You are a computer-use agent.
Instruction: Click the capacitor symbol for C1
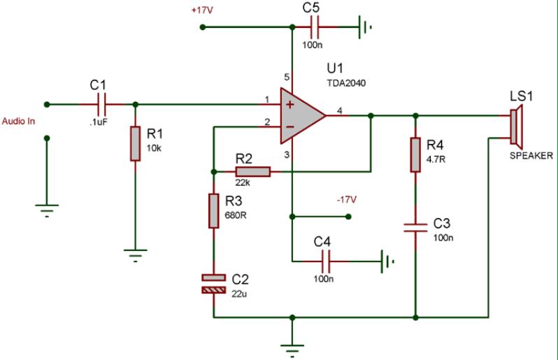point(103,104)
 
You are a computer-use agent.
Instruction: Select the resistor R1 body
point(135,144)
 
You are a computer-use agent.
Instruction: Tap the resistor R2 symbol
point(252,171)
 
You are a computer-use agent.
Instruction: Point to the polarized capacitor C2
point(214,283)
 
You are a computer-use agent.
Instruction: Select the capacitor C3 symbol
point(415,227)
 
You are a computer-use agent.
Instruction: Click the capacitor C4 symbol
point(325,262)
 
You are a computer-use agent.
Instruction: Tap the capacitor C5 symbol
point(315,27)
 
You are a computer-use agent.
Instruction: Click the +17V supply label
point(201,11)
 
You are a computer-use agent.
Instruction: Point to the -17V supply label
point(348,200)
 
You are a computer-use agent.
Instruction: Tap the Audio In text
point(19,120)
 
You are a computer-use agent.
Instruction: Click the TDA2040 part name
point(345,82)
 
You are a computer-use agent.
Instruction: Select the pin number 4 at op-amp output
point(339,110)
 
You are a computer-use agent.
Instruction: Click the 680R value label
point(236,215)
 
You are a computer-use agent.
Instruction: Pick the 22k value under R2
point(242,182)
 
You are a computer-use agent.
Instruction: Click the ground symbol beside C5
point(366,27)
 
